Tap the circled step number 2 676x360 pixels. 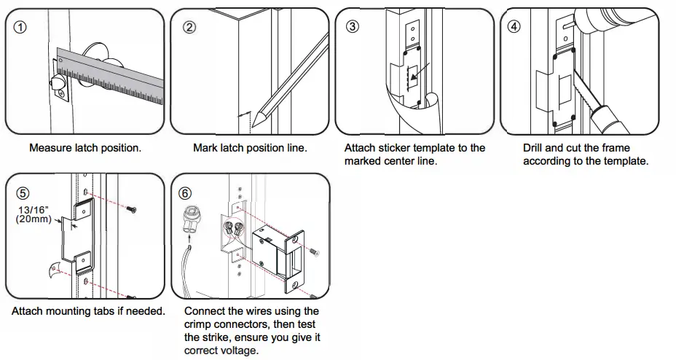click(189, 27)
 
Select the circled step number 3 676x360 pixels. click(353, 27)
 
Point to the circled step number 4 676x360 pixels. click(515, 27)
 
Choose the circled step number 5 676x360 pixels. click(23, 193)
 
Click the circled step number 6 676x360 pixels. click(186, 193)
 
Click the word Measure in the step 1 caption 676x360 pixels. click(50, 148)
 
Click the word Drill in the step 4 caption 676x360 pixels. click(535, 148)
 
